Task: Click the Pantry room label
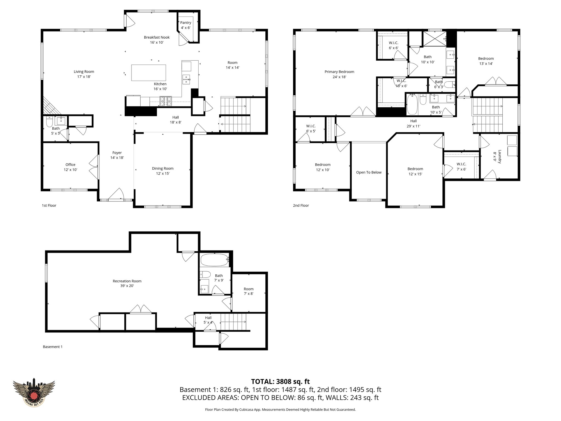tap(185, 23)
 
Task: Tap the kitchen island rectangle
tap(148, 73)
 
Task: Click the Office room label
tap(70, 165)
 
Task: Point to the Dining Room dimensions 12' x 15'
tap(163, 173)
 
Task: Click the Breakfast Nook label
tap(157, 37)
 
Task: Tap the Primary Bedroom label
tap(339, 72)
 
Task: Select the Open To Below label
tap(369, 172)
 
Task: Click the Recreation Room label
tap(127, 281)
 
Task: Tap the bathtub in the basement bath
tap(214, 260)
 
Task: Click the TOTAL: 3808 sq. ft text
tap(280, 382)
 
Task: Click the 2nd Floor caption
tap(301, 206)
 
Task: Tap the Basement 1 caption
tap(53, 347)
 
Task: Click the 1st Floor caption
tap(49, 206)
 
